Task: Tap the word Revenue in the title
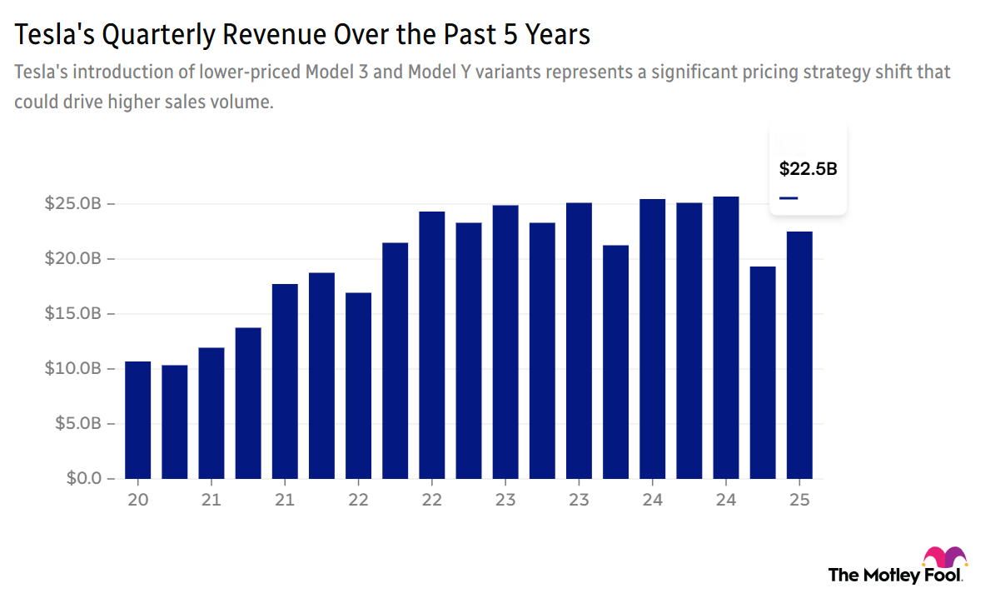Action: (x=272, y=35)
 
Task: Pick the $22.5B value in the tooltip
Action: (x=808, y=169)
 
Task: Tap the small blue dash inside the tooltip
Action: (x=788, y=198)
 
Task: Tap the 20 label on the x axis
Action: (x=138, y=501)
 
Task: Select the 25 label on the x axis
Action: (x=799, y=501)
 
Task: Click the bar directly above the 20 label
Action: (x=138, y=420)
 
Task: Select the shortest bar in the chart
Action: (x=175, y=421)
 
